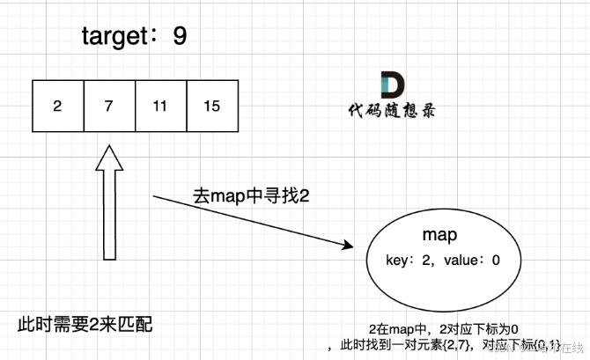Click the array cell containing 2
[x=57, y=107]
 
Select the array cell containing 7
[x=109, y=107]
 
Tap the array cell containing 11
[x=160, y=107]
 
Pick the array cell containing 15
[x=212, y=107]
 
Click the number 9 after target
[x=181, y=36]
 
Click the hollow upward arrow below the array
[x=109, y=211]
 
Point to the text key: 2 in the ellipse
[x=409, y=261]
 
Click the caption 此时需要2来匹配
[x=85, y=324]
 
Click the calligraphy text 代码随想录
[x=390, y=113]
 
